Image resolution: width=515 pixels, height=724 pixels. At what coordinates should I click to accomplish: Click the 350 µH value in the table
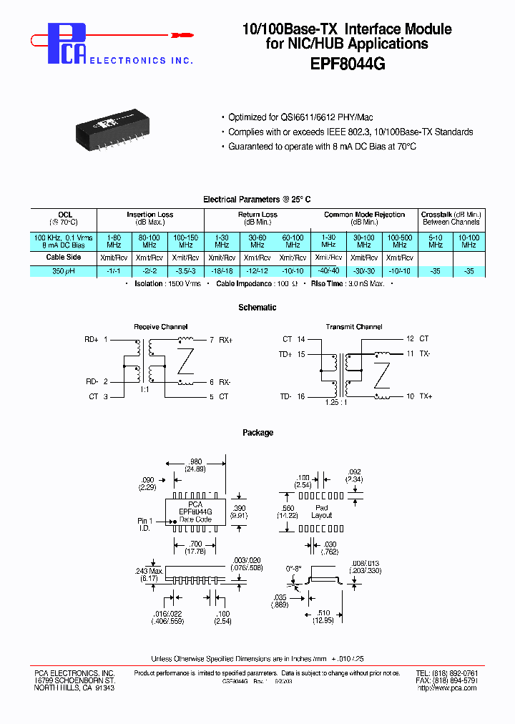[64, 272]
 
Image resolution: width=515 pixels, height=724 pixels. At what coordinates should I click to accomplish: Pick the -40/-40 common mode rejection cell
[328, 272]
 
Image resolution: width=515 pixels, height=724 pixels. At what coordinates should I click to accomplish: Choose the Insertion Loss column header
[149, 215]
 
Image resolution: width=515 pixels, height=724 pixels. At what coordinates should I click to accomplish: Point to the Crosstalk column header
[451, 215]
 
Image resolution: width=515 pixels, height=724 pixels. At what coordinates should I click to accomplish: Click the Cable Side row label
[64, 257]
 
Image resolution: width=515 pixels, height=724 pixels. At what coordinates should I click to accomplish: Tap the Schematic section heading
[257, 308]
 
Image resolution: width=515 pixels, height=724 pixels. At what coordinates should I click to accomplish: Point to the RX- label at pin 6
[224, 382]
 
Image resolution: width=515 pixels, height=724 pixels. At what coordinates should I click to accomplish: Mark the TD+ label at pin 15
[286, 354]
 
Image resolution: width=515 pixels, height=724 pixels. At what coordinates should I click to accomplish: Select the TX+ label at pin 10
[426, 396]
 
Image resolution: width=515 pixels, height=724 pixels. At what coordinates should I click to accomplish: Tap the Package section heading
[257, 433]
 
